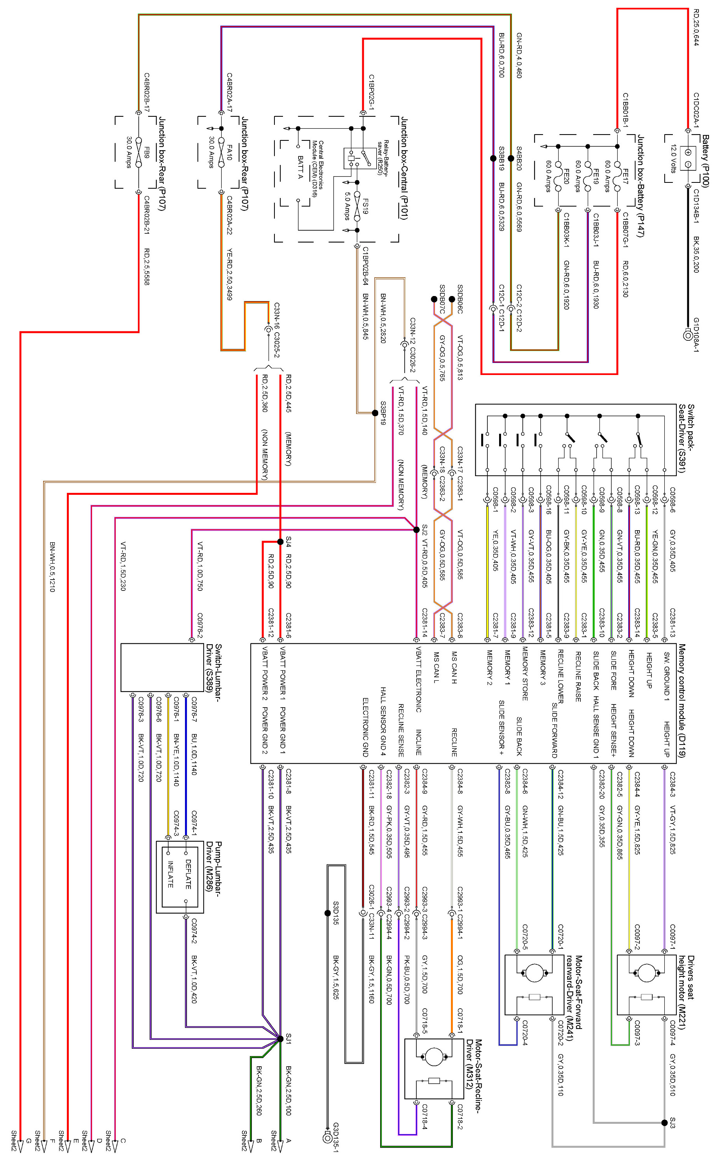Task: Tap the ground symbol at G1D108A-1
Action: click(687, 335)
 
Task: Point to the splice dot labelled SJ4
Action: click(280, 541)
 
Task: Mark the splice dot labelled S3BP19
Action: click(375, 412)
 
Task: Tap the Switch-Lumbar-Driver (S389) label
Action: click(214, 668)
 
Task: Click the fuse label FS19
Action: click(365, 206)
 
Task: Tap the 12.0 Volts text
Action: click(673, 158)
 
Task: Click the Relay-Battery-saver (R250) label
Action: click(383, 158)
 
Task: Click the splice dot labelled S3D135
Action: click(328, 913)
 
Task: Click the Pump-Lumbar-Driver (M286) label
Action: click(214, 866)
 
